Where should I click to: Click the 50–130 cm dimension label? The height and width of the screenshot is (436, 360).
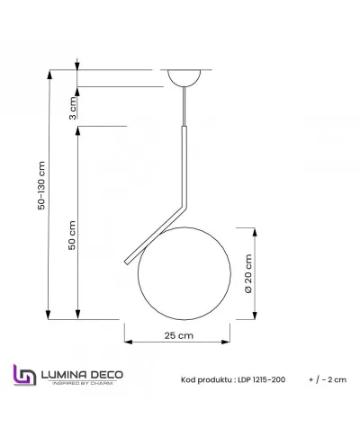tap(40, 185)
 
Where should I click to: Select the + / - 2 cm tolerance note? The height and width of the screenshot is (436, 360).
tap(327, 380)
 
